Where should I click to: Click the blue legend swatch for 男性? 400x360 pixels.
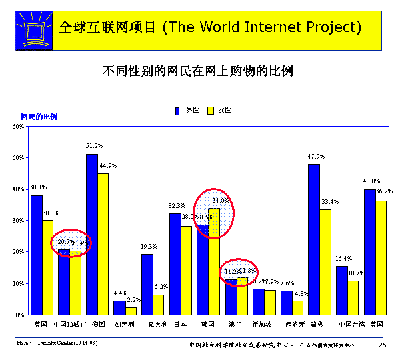click(x=178, y=110)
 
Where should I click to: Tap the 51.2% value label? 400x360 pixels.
click(x=94, y=145)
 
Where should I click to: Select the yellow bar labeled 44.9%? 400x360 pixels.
click(x=103, y=243)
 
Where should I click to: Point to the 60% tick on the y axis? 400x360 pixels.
click(x=21, y=126)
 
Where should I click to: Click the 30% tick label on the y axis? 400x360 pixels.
click(x=21, y=221)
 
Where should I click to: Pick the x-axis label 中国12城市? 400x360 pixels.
click(x=69, y=325)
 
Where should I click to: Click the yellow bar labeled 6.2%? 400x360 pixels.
click(x=158, y=304)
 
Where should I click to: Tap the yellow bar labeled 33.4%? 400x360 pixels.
click(x=325, y=261)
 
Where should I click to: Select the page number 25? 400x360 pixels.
click(x=382, y=345)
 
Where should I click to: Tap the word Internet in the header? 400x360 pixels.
click(x=265, y=27)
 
